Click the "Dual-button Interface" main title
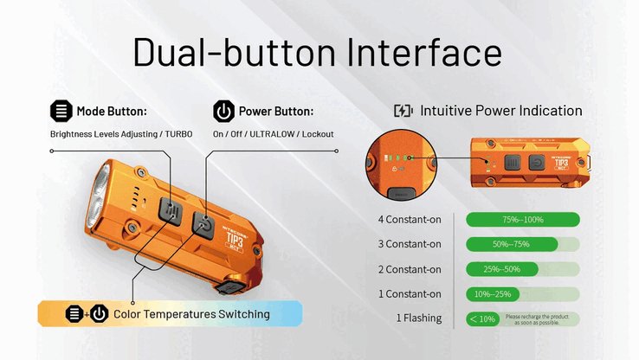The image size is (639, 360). (x=317, y=51)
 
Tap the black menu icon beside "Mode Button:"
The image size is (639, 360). (x=61, y=112)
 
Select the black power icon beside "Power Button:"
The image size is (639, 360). (x=223, y=112)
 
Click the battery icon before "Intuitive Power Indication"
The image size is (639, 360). (x=403, y=111)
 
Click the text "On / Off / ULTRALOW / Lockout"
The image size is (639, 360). (x=273, y=134)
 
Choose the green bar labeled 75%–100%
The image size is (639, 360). (x=521, y=219)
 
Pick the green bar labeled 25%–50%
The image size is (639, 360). (x=503, y=269)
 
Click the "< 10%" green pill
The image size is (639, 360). (x=482, y=318)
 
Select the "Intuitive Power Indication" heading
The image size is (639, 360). (x=501, y=111)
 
